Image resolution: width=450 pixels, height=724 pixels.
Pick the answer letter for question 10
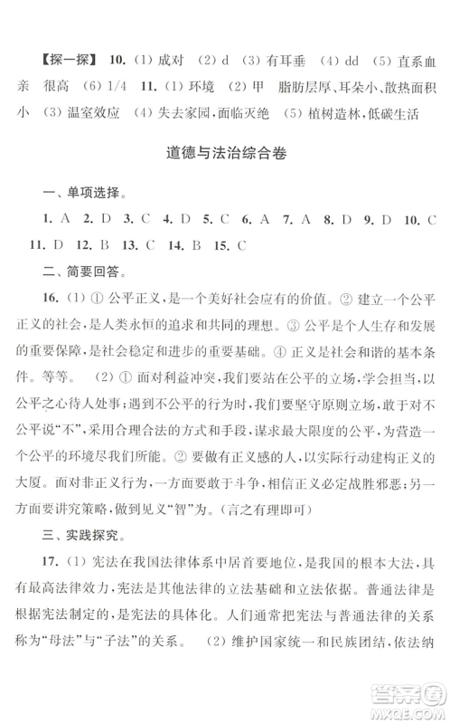[x=432, y=220]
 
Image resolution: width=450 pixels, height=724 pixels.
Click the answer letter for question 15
[x=242, y=244]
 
